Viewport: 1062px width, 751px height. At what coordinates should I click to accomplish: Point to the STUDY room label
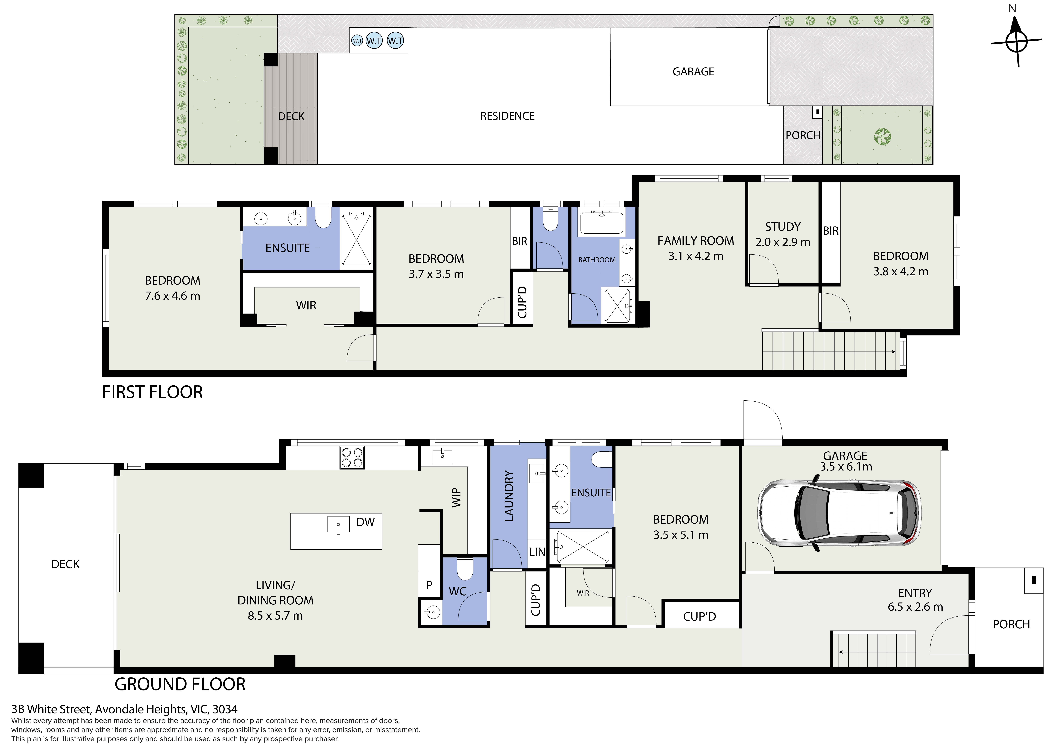pos(783,227)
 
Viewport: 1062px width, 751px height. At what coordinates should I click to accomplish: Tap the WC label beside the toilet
pos(457,591)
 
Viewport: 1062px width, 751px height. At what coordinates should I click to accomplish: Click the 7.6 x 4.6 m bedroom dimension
pos(173,296)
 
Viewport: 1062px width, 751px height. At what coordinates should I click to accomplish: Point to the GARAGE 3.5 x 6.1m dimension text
pos(846,466)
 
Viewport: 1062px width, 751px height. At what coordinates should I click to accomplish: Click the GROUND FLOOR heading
pos(180,684)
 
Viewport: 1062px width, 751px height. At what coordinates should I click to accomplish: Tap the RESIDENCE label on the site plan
pos(507,116)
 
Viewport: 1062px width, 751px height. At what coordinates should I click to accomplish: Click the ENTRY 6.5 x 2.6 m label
pos(915,600)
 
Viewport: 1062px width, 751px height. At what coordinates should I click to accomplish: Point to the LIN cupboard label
pos(537,552)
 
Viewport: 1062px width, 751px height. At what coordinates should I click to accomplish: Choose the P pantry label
pos(429,585)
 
